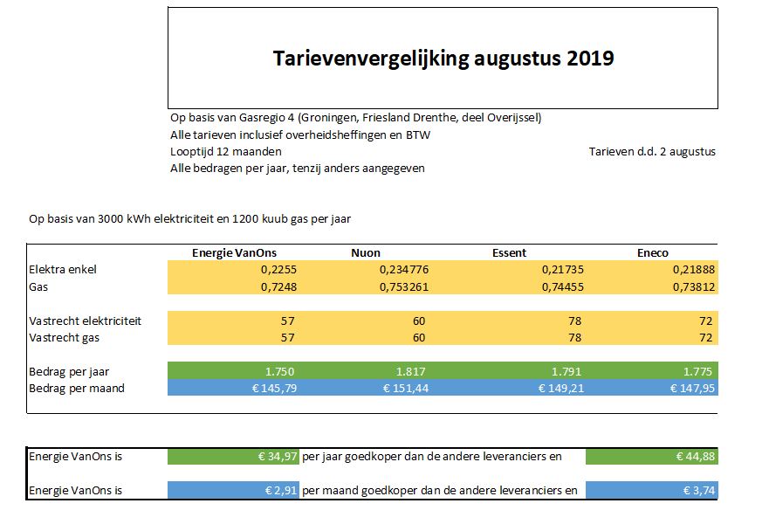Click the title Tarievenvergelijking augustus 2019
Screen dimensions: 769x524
(x=443, y=59)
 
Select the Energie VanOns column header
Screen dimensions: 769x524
(x=234, y=252)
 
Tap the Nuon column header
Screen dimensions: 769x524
(x=366, y=252)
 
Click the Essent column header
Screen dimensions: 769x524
(x=509, y=252)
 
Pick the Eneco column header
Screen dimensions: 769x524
(x=653, y=252)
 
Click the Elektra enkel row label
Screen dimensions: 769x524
(x=63, y=269)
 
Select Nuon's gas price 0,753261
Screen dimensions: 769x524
(x=404, y=286)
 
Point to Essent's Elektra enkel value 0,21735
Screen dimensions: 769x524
(x=563, y=269)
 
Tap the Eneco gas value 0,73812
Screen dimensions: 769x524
(x=694, y=286)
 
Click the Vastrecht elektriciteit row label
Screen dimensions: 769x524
(x=85, y=321)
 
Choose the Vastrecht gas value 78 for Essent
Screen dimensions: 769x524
(x=575, y=338)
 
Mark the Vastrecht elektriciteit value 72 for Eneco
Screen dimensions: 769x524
(x=706, y=321)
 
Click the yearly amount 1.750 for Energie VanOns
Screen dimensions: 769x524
(x=279, y=371)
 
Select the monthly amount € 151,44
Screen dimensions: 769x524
(x=406, y=388)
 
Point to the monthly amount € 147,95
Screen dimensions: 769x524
(x=692, y=388)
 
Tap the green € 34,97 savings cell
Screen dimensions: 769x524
(x=233, y=456)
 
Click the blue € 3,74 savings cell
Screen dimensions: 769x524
(x=652, y=490)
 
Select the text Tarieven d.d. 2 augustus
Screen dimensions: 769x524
(x=652, y=152)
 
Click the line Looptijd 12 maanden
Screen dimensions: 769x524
(x=225, y=152)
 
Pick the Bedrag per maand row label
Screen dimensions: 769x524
(x=77, y=389)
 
